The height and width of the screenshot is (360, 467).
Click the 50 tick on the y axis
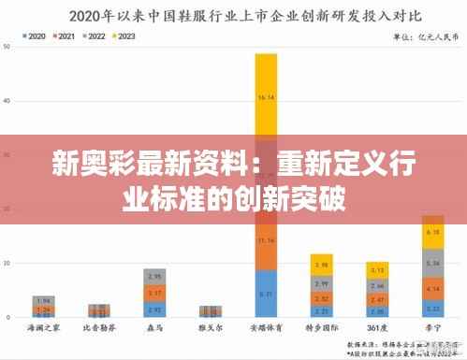[x=8, y=46]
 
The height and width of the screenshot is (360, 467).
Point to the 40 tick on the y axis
[x=8, y=100]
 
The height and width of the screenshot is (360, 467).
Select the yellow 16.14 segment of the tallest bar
[x=266, y=97]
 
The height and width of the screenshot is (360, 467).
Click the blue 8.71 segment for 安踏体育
[x=266, y=295]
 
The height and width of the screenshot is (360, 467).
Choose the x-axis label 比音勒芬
[x=99, y=329]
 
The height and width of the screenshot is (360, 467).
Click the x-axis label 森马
[x=154, y=329]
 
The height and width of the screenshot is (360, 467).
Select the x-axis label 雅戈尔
[x=211, y=329]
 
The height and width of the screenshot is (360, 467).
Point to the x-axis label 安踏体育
[x=266, y=329]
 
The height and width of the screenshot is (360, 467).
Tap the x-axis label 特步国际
[x=321, y=329]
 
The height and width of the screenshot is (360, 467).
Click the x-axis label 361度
[x=377, y=329]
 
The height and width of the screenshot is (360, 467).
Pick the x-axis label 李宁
[x=432, y=329]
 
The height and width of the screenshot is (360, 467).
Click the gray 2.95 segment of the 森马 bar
[x=154, y=278]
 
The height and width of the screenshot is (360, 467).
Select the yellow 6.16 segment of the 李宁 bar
[x=432, y=232]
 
